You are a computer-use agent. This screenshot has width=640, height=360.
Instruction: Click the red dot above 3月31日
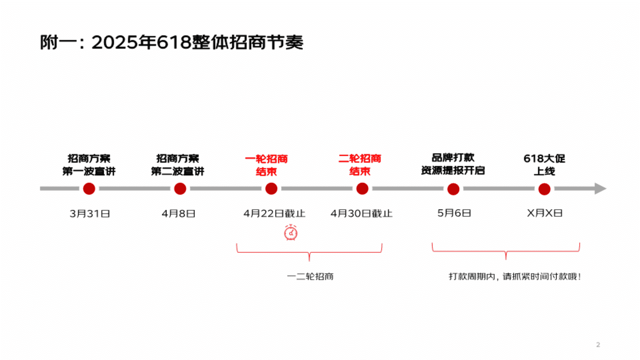(x=89, y=189)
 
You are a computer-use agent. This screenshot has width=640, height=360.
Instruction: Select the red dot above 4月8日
(x=180, y=189)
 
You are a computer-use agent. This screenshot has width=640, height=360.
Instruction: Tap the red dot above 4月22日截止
(x=271, y=189)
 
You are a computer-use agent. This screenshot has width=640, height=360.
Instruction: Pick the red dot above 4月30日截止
(x=362, y=189)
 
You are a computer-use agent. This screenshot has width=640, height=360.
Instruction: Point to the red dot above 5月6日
(x=453, y=189)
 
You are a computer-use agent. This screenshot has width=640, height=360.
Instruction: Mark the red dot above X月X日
(x=544, y=189)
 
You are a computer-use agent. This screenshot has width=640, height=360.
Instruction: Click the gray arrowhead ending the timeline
(x=600, y=189)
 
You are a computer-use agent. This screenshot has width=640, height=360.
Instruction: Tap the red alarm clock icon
(x=291, y=232)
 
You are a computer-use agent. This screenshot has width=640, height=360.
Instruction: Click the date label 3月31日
(x=90, y=214)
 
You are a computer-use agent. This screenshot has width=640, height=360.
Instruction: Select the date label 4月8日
(x=178, y=214)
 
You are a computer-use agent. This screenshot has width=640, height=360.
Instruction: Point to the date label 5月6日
(x=454, y=213)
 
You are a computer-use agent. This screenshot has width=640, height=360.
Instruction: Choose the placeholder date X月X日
(x=545, y=213)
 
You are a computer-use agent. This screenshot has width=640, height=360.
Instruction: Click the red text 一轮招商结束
(x=266, y=165)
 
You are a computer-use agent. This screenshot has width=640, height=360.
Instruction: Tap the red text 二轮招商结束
(x=360, y=165)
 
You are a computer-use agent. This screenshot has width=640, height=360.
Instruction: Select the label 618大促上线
(x=544, y=165)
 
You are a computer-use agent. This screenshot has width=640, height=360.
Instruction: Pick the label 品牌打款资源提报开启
(x=453, y=164)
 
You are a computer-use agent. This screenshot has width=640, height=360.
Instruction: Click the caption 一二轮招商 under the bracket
(x=310, y=276)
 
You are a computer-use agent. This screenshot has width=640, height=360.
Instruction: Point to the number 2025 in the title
(x=115, y=42)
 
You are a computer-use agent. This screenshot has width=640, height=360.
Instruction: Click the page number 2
(x=598, y=345)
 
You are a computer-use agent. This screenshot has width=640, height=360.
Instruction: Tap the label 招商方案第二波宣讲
(x=178, y=165)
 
